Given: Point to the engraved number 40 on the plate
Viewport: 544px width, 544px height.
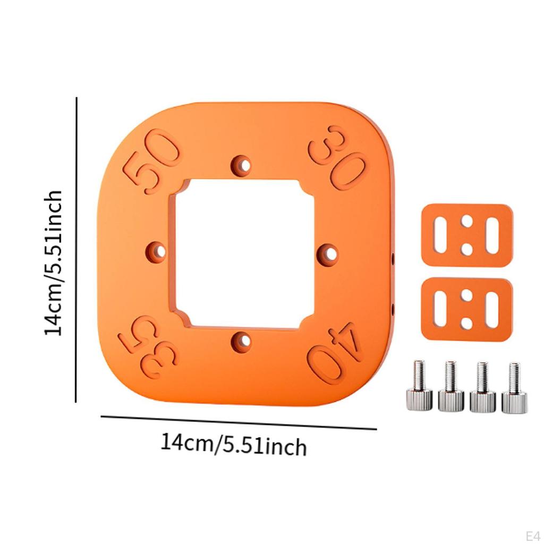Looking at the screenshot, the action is point(335,353).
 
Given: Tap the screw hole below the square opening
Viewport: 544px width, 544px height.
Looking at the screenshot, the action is point(242,342).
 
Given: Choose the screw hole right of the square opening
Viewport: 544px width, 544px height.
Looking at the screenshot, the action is point(328,253).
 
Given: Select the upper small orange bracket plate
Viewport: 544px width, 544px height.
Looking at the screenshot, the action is point(467,235).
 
